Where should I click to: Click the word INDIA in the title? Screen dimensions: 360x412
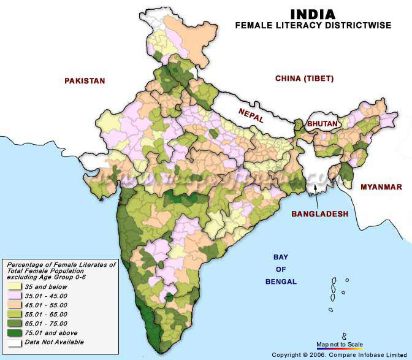pyautogui.click(x=312, y=14)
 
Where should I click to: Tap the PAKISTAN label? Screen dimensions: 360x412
pyautogui.click(x=85, y=81)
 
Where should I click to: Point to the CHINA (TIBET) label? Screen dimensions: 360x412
pyautogui.click(x=304, y=79)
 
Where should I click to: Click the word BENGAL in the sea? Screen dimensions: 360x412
pyautogui.click(x=281, y=281)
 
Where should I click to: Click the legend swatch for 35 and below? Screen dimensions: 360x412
pyautogui.click(x=13, y=286)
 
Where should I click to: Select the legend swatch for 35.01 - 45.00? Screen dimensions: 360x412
pyautogui.click(x=13, y=295)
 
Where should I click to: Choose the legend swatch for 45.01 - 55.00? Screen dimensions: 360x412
pyautogui.click(x=13, y=304)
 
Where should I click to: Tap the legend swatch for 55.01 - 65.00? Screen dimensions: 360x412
pyautogui.click(x=13, y=313)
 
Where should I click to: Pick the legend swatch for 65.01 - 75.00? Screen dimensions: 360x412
pyautogui.click(x=13, y=323)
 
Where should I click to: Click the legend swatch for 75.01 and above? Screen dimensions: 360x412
pyautogui.click(x=13, y=333)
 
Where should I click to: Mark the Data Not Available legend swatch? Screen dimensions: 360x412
pyautogui.click(x=13, y=342)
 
